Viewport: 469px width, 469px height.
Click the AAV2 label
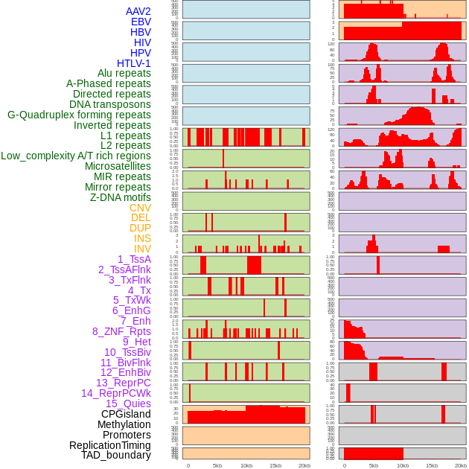(x=138, y=11)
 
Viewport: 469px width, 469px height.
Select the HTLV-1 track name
(x=133, y=63)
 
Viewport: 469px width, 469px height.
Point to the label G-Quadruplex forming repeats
(x=79, y=115)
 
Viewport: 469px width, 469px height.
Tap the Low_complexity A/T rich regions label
(x=76, y=156)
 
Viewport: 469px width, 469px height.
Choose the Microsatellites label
(x=118, y=166)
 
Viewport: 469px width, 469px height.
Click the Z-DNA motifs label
(x=120, y=197)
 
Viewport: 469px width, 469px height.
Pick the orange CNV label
(x=140, y=208)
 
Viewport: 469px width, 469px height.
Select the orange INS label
(x=142, y=238)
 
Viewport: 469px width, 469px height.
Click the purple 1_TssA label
(x=134, y=259)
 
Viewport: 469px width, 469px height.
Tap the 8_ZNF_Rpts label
(x=121, y=331)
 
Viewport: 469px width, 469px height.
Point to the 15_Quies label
(x=127, y=403)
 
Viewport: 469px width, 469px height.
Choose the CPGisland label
(x=126, y=414)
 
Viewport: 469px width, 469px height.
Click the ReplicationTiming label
(x=110, y=445)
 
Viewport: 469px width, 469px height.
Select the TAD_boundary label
(x=116, y=455)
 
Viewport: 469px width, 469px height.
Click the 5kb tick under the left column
(x=217, y=465)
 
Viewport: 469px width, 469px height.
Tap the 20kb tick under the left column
(x=304, y=465)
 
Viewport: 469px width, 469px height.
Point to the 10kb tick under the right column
(x=403, y=465)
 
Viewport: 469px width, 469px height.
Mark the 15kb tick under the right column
(x=432, y=465)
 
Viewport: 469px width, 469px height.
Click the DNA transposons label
(x=110, y=104)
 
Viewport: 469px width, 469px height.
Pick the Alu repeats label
(x=124, y=73)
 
